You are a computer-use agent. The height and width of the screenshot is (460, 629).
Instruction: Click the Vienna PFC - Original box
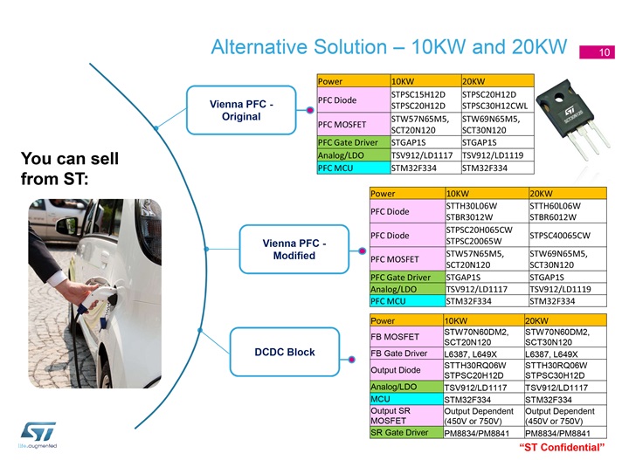coord(241,110)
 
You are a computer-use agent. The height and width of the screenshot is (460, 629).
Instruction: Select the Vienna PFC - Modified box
coord(294,250)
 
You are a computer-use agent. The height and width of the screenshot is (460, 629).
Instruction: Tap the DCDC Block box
coord(285,352)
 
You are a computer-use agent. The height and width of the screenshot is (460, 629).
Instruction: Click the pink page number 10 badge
coord(597,52)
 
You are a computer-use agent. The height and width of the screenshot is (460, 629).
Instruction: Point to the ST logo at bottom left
coord(38,432)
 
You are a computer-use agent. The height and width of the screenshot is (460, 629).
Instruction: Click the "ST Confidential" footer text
coord(562,447)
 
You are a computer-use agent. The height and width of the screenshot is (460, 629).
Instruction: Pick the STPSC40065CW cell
coord(560,236)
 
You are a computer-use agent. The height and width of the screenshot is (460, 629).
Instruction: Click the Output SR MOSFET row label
coord(390,415)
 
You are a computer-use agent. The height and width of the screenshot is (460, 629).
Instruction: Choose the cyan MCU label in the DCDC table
coord(380,399)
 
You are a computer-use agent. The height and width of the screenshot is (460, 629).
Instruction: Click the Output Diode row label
coord(396,370)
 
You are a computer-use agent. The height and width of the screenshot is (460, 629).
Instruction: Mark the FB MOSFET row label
coord(395,337)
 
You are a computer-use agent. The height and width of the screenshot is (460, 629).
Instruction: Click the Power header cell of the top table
coord(330,81)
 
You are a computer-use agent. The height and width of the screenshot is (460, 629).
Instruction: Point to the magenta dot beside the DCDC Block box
coord(352,360)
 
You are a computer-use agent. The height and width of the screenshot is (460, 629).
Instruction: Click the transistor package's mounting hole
coord(559,97)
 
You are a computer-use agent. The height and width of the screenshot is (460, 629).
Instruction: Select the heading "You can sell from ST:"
coord(70,168)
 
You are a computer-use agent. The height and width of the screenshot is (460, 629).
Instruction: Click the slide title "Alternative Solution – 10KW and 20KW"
coord(389,47)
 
